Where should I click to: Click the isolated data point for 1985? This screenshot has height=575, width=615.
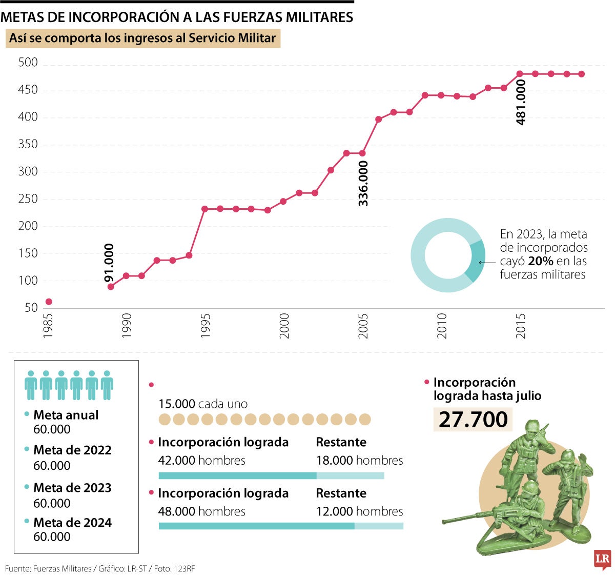(49, 302)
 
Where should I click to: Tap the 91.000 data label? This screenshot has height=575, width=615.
(109, 263)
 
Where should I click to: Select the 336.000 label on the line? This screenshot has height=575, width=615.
(363, 184)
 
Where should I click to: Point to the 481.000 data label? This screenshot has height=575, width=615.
(521, 102)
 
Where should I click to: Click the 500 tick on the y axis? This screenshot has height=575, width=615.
(28, 63)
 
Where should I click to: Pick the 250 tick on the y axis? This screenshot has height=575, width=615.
(28, 199)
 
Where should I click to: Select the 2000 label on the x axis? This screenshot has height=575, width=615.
(284, 326)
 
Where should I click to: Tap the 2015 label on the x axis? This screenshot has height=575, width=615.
(521, 326)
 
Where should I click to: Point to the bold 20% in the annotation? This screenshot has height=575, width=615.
(540, 261)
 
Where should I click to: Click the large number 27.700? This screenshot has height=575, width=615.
(473, 420)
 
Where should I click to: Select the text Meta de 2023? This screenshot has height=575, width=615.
(72, 488)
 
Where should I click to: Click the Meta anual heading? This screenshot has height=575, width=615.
(66, 415)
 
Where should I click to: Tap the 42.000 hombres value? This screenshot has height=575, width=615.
(201, 461)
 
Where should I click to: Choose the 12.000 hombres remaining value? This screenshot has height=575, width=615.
(359, 511)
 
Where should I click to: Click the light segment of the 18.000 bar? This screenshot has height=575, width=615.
(350, 476)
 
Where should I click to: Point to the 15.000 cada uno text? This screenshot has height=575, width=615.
(203, 404)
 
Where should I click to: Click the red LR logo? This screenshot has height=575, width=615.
(602, 559)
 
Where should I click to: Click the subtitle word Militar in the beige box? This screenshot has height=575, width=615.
(257, 38)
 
